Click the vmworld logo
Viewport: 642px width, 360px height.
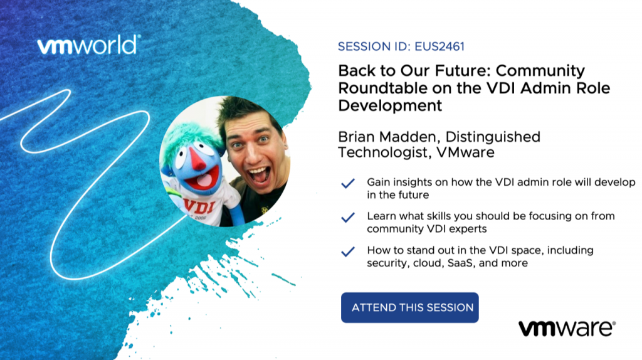pos(89,45)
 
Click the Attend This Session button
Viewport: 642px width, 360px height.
pos(410,307)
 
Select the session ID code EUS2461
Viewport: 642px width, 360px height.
pos(439,46)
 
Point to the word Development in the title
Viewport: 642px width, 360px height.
pos(390,105)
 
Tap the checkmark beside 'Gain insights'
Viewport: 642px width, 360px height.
pos(347,183)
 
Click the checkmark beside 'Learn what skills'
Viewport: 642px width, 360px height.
pos(347,217)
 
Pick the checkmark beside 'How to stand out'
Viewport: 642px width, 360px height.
pos(347,251)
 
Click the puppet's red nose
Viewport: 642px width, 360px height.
pos(197,159)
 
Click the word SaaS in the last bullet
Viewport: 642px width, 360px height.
pos(460,263)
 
